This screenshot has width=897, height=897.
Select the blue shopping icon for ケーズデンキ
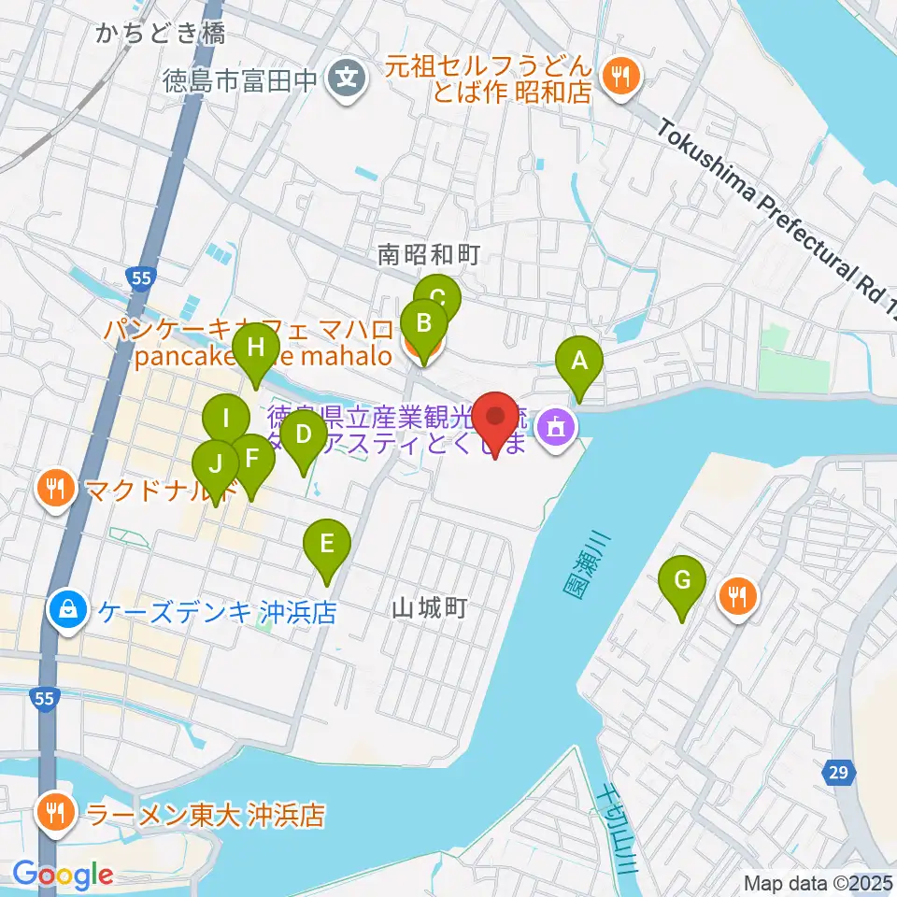pyautogui.click(x=69, y=612)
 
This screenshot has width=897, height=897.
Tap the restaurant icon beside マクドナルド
pyautogui.click(x=57, y=488)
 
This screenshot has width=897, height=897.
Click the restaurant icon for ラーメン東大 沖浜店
pyautogui.click(x=57, y=815)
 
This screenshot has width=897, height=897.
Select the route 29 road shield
pyautogui.click(x=837, y=772)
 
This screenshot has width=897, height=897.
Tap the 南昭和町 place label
pyautogui.click(x=429, y=254)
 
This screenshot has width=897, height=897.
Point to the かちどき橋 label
pyautogui.click(x=160, y=34)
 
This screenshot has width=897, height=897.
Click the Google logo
pyautogui.click(x=64, y=875)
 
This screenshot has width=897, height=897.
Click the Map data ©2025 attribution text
pyautogui.click(x=817, y=883)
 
